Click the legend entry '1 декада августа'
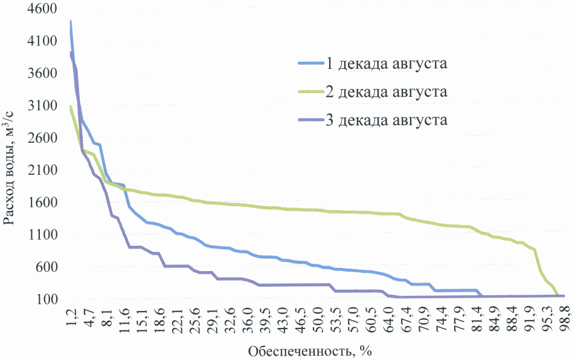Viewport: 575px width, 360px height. tap(387, 63)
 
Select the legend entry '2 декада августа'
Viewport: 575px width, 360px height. tap(387, 92)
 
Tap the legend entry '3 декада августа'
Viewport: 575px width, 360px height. tap(387, 120)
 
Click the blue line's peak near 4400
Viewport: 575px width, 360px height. tap(71, 21)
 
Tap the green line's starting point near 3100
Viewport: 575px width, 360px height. tap(71, 106)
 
